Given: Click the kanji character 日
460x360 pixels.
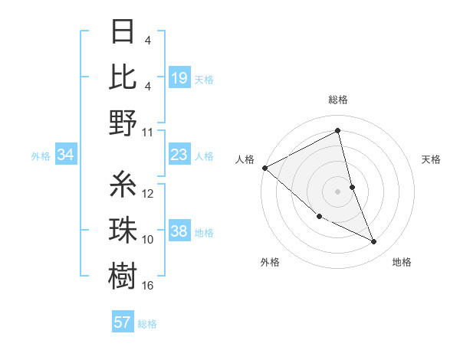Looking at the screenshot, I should (x=123, y=33).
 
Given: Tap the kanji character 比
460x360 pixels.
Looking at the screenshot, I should (x=123, y=77).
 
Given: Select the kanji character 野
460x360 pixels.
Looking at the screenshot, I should (x=123, y=123).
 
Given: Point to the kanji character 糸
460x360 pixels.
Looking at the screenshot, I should (x=123, y=185).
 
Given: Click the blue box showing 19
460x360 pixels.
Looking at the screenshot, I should (x=179, y=78).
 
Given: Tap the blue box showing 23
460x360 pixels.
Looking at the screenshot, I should (x=179, y=155).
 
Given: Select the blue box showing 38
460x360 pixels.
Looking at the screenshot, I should (x=179, y=232).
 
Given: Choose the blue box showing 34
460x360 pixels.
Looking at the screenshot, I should (x=66, y=155).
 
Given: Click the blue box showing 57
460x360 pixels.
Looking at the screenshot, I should (x=123, y=322).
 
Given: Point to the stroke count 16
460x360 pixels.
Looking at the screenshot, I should (x=148, y=286).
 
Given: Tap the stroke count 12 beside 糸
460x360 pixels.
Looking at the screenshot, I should (x=148, y=194).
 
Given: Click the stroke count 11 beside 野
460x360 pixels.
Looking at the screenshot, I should (x=148, y=132).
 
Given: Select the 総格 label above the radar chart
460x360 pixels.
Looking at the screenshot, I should (x=338, y=100).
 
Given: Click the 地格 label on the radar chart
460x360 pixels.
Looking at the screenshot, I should (x=402, y=262).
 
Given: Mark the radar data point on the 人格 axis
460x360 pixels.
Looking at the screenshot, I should (x=264, y=167).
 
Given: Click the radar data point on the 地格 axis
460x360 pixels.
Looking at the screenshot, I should (x=374, y=241).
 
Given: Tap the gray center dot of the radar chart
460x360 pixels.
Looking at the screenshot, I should (x=338, y=191).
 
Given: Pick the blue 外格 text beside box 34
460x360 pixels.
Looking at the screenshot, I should (x=41, y=156).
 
